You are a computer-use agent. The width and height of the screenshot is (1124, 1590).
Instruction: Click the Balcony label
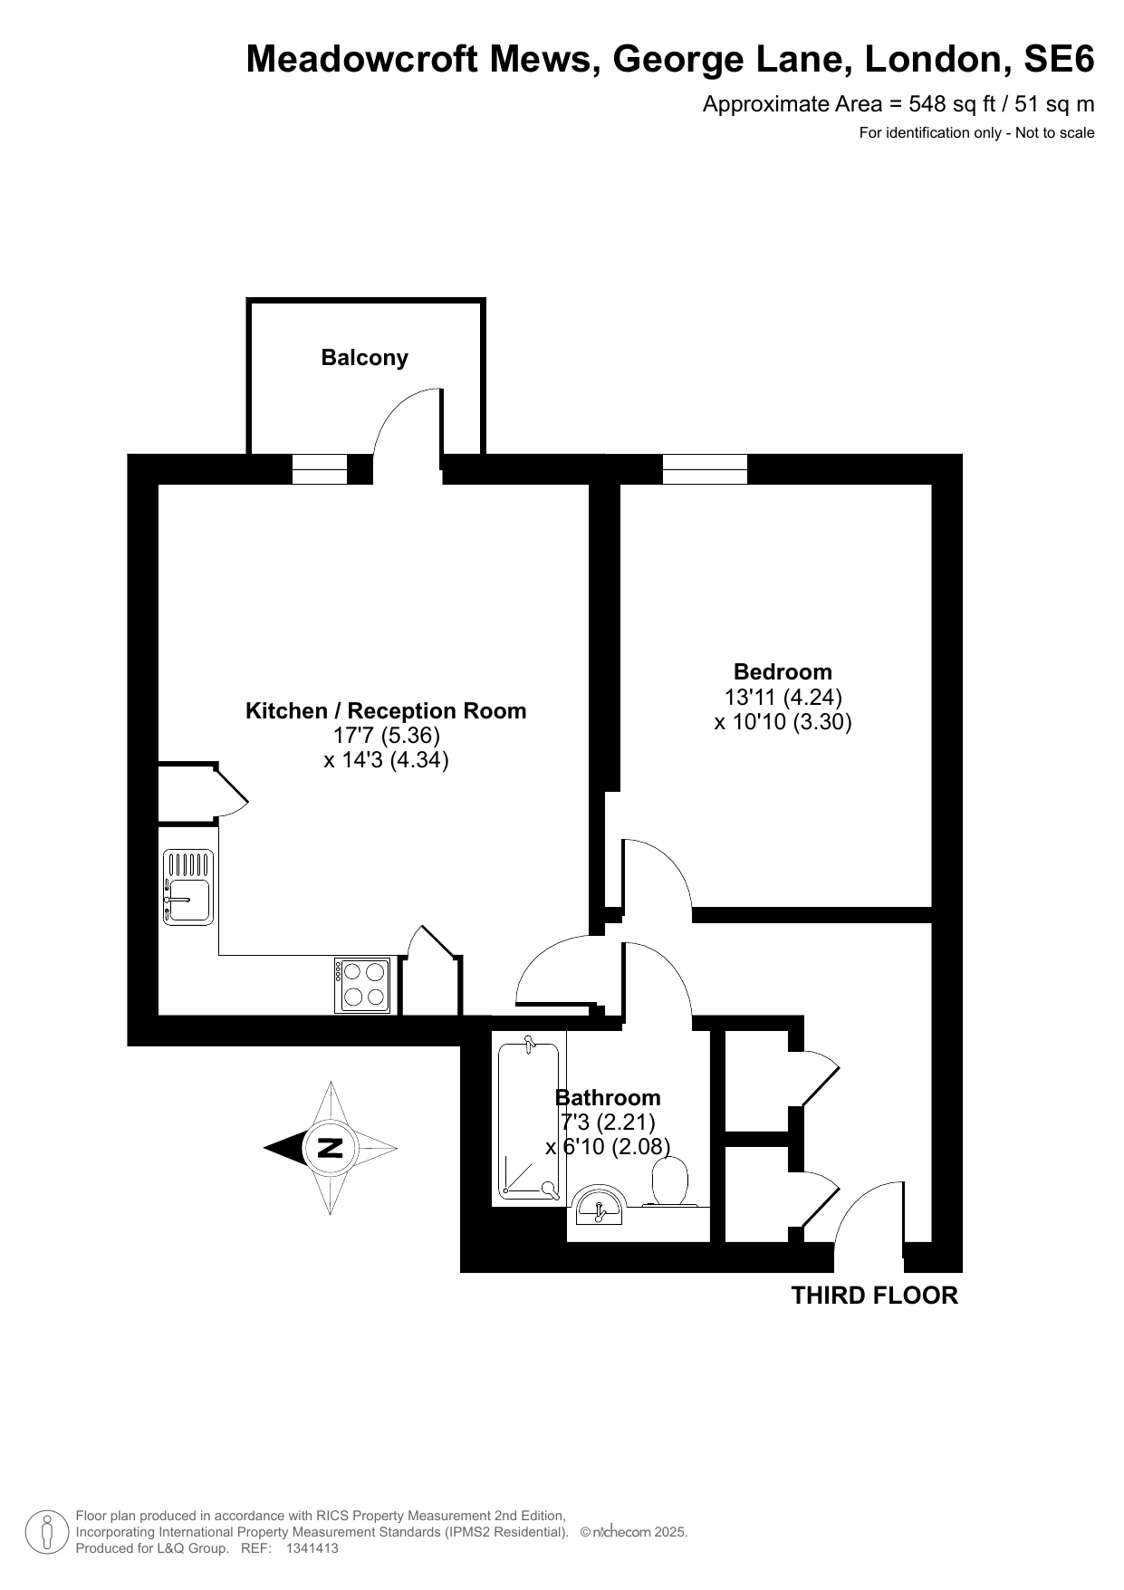point(364,358)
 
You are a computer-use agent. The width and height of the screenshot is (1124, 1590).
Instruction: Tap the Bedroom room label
point(783,671)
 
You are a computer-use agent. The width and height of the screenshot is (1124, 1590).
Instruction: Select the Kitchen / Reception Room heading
point(386,711)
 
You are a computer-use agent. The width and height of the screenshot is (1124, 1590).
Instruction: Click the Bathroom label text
point(608,1098)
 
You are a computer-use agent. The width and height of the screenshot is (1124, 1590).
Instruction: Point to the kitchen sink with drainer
point(188,887)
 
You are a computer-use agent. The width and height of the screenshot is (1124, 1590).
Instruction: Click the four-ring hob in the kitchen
point(364,985)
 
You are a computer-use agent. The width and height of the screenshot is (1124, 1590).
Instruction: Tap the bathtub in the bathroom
point(529,1122)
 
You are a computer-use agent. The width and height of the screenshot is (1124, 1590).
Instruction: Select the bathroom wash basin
point(598,1205)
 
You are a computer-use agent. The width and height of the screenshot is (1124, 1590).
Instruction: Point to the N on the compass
point(330,1148)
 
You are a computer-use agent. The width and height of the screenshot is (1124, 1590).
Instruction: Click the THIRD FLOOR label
point(874,1296)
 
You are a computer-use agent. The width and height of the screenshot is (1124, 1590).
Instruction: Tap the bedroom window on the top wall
point(705,469)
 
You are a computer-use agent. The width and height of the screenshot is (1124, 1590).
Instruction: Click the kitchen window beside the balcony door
point(319,469)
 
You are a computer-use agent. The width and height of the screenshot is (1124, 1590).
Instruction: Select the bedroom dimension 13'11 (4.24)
point(783,697)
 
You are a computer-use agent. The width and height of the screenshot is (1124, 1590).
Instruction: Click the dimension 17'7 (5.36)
point(386,736)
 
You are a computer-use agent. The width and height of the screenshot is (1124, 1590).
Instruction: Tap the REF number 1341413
point(312,1548)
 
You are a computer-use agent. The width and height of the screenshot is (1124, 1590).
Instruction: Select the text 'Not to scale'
point(1054,133)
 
